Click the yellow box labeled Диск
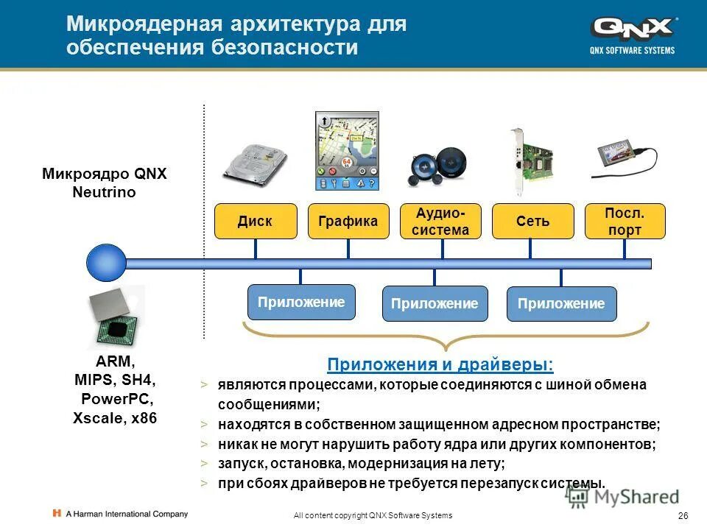tap(256, 222)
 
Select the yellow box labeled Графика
tap(348, 222)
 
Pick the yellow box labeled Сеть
tap(532, 222)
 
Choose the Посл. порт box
tap(625, 222)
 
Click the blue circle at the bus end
tap(106, 263)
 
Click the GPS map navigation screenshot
tap(347, 151)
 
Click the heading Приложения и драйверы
tap(440, 365)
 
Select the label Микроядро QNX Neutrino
tap(105, 183)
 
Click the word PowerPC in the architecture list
tap(115, 400)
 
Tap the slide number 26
tap(682, 515)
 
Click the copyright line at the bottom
tap(373, 515)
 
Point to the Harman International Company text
tap(126, 514)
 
